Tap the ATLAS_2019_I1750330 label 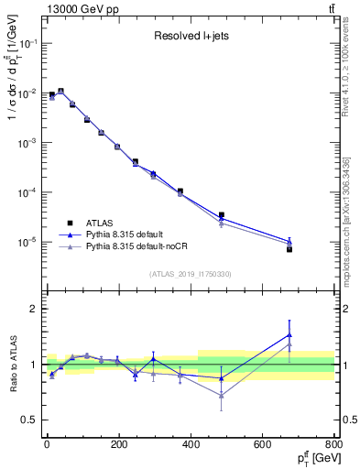point(191,274)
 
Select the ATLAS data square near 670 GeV point(289,249)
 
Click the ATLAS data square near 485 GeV point(222,215)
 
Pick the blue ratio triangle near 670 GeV point(289,334)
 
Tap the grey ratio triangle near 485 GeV point(222,395)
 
